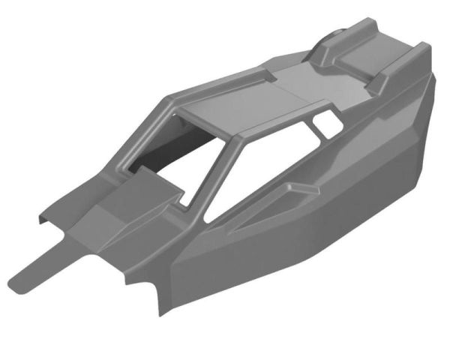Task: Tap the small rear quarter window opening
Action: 325,120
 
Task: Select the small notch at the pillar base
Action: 183,201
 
